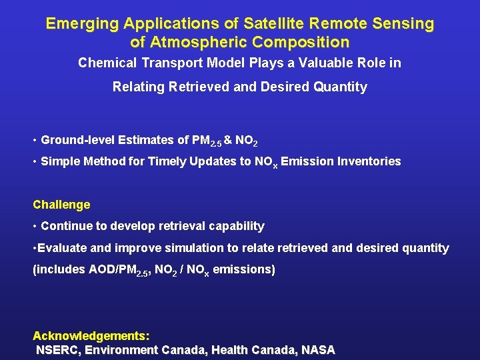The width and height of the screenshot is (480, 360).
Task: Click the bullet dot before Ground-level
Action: (x=35, y=140)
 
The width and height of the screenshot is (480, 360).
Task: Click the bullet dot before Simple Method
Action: (x=35, y=161)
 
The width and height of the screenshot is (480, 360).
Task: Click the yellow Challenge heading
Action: (x=61, y=205)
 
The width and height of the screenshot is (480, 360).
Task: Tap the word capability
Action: (x=236, y=226)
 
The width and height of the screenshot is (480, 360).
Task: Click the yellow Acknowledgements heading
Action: (x=91, y=335)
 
